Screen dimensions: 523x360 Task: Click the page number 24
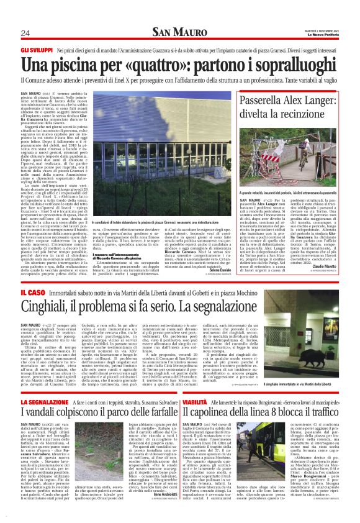tap(25, 33)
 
